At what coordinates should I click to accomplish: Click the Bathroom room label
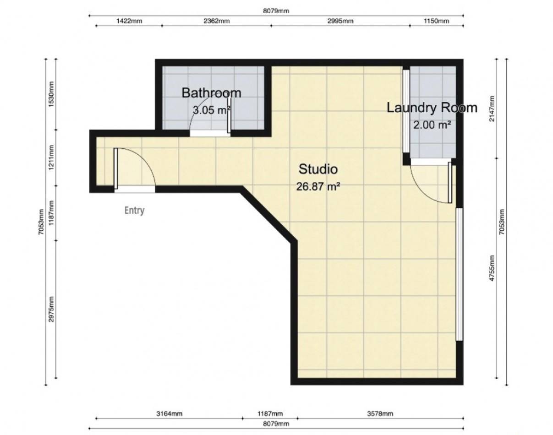pos(211,92)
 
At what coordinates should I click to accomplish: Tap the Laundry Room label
pos(432,108)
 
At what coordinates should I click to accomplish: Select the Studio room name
pos(318,169)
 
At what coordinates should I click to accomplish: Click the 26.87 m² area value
pos(318,186)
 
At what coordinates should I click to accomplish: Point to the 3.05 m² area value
pos(211,110)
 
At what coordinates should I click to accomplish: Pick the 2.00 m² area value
pos(432,125)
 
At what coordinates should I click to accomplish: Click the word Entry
pos(134,211)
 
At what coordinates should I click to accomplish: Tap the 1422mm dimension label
pos(129,21)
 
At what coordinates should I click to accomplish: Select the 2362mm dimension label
pos(217,21)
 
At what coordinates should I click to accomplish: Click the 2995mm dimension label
pos(340,21)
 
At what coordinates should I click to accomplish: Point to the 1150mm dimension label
pos(436,21)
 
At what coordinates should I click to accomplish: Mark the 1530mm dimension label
pos(52,94)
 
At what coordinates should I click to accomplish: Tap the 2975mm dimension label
pos(52,310)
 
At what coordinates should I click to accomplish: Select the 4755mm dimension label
pos(492,268)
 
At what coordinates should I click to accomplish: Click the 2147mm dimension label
pos(492,109)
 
